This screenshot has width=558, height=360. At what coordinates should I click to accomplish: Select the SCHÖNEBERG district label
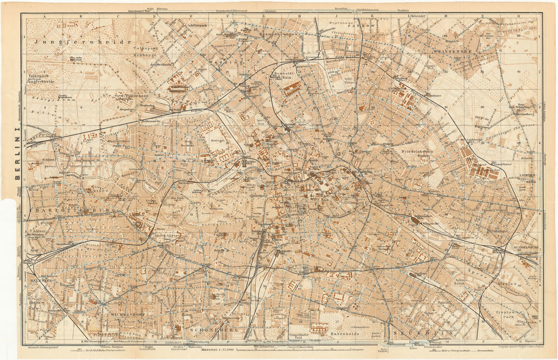(206, 328)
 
